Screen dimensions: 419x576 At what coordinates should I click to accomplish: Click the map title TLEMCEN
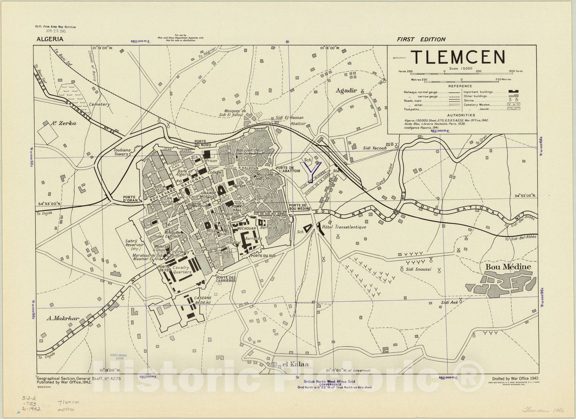tap(458, 57)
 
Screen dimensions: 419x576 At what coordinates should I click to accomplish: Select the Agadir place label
tap(346, 90)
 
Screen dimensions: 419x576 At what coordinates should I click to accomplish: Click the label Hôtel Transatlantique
tap(344, 227)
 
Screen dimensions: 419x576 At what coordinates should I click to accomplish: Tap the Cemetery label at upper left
tap(99, 104)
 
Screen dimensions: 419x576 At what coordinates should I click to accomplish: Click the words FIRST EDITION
tap(421, 39)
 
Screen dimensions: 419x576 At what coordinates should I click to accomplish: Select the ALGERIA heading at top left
tap(50, 39)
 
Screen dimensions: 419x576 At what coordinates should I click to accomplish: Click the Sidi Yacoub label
tap(374, 148)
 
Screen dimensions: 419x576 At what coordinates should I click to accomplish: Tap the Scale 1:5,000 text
tap(460, 68)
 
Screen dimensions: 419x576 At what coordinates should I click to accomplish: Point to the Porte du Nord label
tap(203, 143)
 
